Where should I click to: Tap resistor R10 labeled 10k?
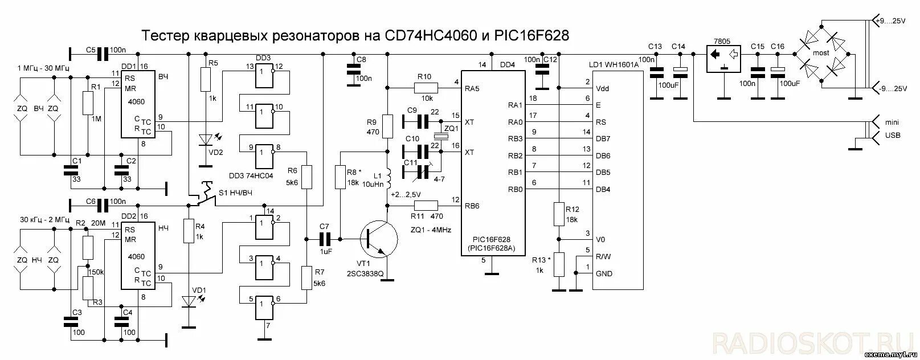click(x=426, y=87)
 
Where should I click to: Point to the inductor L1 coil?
click(x=389, y=179)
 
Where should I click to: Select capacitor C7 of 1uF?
click(x=325, y=239)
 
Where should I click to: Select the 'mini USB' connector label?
click(x=892, y=128)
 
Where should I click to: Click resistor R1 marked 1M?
click(x=87, y=104)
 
